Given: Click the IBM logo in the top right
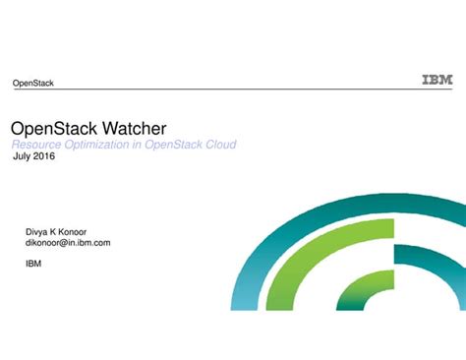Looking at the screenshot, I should pyautogui.click(x=437, y=80).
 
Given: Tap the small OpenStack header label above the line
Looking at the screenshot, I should pyautogui.click(x=32, y=83).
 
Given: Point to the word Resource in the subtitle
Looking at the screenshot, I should pyautogui.click(x=34, y=145).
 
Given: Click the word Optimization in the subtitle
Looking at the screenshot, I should pyautogui.click(x=97, y=145).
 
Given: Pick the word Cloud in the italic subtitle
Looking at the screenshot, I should pyautogui.click(x=219, y=145).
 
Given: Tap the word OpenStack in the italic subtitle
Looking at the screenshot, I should pyautogui.click(x=170, y=145).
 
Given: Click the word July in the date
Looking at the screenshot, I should pyautogui.click(x=21, y=156).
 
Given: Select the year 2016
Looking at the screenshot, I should pyautogui.click(x=44, y=156).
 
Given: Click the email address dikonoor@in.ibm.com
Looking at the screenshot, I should pyautogui.click(x=67, y=242).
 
